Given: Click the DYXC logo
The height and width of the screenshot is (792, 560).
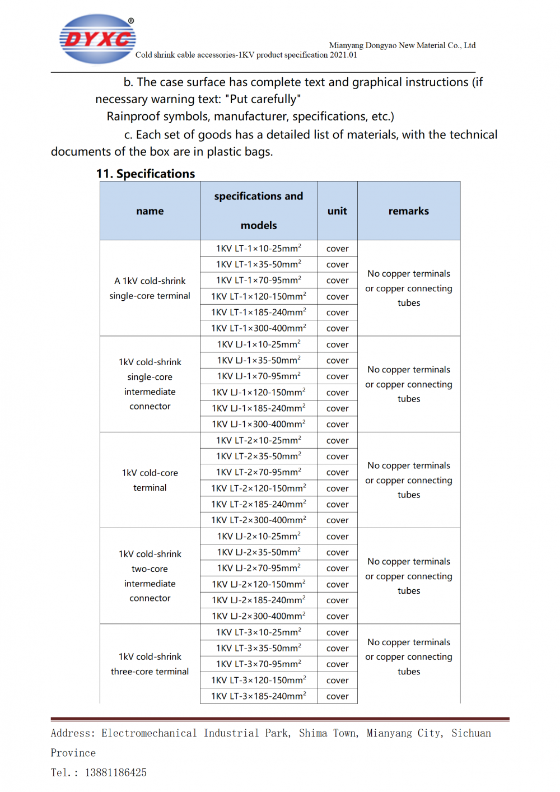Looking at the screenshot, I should [97, 39].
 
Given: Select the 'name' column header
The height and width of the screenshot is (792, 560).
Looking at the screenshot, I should [150, 211].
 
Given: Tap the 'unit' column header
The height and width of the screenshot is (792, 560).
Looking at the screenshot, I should [337, 211].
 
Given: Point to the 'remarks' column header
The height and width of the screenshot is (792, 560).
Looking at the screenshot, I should [409, 211].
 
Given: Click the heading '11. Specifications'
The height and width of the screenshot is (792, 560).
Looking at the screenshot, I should [146, 174].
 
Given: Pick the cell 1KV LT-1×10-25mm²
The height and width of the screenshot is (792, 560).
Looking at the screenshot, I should [259, 248].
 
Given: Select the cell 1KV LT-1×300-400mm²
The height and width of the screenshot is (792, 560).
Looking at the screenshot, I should [259, 328].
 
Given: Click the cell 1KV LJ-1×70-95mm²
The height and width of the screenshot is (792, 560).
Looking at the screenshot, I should [259, 376].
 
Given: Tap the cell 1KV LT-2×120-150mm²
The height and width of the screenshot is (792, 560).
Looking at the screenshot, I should [259, 488].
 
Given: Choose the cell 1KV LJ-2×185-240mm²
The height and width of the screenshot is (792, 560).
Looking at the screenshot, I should [259, 600].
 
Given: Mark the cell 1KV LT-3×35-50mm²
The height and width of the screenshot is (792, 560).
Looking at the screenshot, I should [259, 648].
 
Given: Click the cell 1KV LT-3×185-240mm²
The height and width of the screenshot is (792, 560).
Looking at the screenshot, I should [259, 696].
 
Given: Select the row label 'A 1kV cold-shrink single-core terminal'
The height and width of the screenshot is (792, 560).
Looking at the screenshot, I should [150, 288].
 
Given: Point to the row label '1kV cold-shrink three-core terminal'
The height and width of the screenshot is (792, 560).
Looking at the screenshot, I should [150, 664].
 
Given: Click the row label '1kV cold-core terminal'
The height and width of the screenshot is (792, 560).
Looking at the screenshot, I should [150, 480].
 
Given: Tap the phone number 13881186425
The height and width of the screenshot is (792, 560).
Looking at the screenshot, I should [116, 773].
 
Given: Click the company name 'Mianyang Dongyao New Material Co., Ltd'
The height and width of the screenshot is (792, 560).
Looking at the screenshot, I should [402, 45].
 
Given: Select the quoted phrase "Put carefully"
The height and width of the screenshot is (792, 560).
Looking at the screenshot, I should [263, 99].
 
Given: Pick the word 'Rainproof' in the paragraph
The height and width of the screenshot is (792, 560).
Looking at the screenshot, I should [133, 117].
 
